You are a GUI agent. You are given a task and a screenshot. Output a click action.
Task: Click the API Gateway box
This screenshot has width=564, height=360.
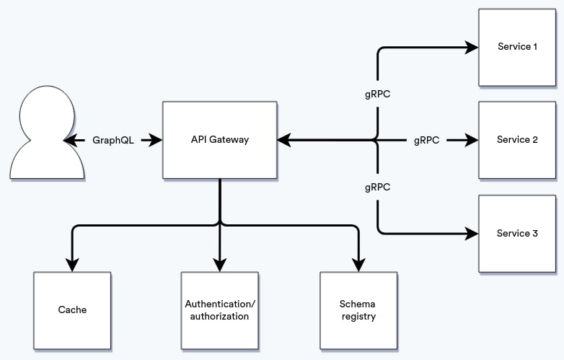tap(220, 140)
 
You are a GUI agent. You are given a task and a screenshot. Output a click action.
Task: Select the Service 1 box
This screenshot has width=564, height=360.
tap(517, 48)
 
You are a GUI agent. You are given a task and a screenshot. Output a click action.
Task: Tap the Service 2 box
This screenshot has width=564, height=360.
tap(517, 140)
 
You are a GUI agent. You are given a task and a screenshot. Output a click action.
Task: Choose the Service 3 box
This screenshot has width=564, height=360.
tap(517, 234)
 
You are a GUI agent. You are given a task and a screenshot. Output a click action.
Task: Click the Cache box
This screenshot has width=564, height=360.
tap(72, 310)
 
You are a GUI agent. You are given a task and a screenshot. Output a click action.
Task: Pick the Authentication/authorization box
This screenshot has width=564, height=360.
tap(220, 310)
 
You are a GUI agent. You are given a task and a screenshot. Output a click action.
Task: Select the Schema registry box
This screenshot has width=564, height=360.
tap(358, 310)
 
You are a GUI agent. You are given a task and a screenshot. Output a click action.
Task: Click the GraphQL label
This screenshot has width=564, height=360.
tap(113, 140)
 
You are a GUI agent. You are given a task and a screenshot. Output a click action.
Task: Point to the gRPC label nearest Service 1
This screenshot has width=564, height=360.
tap(377, 95)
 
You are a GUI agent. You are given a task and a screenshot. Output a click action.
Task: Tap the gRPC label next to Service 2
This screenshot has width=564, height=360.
tap(426, 140)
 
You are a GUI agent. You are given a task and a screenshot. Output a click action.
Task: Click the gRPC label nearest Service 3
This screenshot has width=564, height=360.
tap(377, 188)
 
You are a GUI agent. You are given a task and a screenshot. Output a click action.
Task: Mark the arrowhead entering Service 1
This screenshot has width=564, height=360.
tap(472, 47)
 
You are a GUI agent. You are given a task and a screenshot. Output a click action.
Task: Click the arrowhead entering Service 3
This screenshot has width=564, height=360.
tap(472, 234)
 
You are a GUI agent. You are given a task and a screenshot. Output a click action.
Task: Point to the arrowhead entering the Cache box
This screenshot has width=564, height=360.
tap(72, 265)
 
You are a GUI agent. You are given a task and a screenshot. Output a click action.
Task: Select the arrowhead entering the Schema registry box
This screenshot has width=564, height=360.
tap(358, 265)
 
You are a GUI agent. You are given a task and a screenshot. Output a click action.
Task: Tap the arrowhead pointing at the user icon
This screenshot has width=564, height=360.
tap(71, 140)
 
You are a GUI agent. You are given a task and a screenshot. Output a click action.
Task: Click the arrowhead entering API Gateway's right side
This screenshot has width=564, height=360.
tap(284, 140)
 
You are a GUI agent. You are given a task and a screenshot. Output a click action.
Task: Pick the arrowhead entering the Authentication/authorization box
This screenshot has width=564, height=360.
tap(220, 265)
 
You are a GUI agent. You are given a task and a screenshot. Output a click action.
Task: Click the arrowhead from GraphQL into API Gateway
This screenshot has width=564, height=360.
tap(155, 140)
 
